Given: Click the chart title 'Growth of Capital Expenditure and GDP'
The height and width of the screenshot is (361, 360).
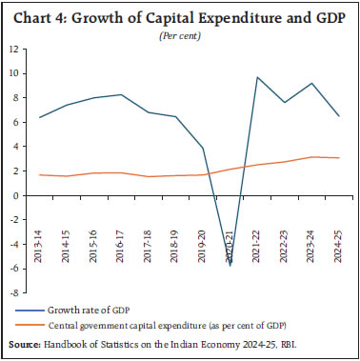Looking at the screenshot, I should [x=200, y=13].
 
